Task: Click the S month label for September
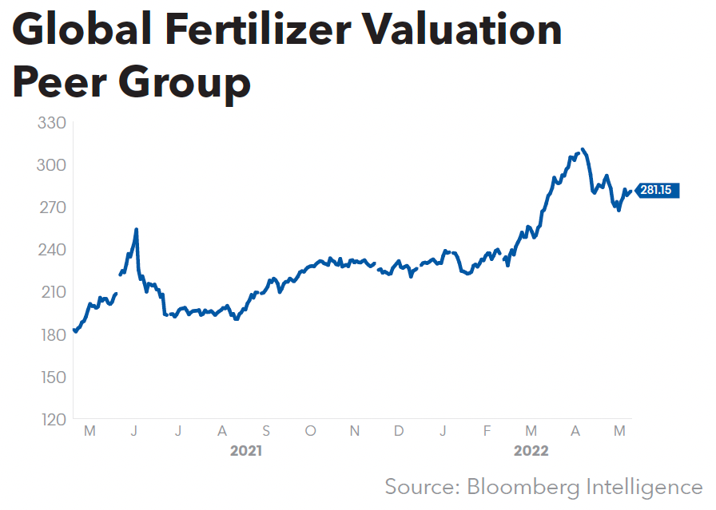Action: [x=266, y=431]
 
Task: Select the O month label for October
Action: [x=310, y=431]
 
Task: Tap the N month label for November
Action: [x=355, y=431]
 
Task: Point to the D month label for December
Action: [x=398, y=431]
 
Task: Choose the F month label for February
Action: [x=487, y=431]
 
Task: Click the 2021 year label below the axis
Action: [x=246, y=451]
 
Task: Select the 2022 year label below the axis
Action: [x=531, y=451]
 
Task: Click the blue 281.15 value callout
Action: [x=658, y=190]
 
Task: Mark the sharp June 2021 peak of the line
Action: [x=137, y=230]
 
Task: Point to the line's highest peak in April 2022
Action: [x=583, y=149]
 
